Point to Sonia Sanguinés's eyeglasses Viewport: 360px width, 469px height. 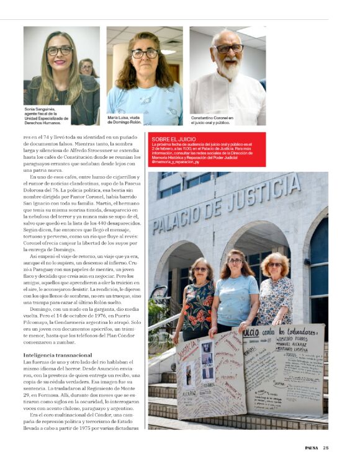tap(60, 51)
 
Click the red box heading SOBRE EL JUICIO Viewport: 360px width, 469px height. tap(170, 138)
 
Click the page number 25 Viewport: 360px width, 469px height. tap(326, 448)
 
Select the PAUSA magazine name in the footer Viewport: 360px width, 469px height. tap(312, 448)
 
